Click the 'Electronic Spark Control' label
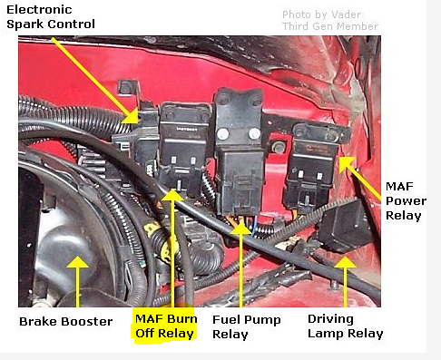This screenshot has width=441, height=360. [x=51, y=17]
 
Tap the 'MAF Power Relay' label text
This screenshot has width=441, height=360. [x=406, y=201]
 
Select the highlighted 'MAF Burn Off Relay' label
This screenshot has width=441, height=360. [x=166, y=326]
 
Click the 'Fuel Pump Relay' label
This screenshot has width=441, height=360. [x=247, y=327]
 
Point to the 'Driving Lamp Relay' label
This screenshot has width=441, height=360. [x=346, y=326]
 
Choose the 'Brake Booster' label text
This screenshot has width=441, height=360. [x=66, y=321]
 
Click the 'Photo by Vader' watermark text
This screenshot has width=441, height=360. [x=321, y=15]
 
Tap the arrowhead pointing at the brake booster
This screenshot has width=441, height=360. [x=78, y=262]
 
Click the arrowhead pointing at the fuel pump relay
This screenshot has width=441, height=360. [x=241, y=229]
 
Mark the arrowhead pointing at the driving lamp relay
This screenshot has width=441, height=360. [x=345, y=262]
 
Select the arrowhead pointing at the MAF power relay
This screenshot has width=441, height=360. [x=346, y=164]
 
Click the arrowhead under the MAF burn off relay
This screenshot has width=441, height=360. [x=172, y=195]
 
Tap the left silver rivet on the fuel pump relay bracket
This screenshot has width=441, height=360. [x=223, y=133]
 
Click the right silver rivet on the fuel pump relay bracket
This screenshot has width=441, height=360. [x=254, y=133]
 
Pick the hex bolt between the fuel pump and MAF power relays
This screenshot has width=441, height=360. [x=278, y=147]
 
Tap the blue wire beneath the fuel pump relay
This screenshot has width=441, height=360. [x=256, y=226]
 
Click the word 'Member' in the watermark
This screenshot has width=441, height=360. [x=358, y=26]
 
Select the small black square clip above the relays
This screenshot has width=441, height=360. [x=127, y=88]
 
